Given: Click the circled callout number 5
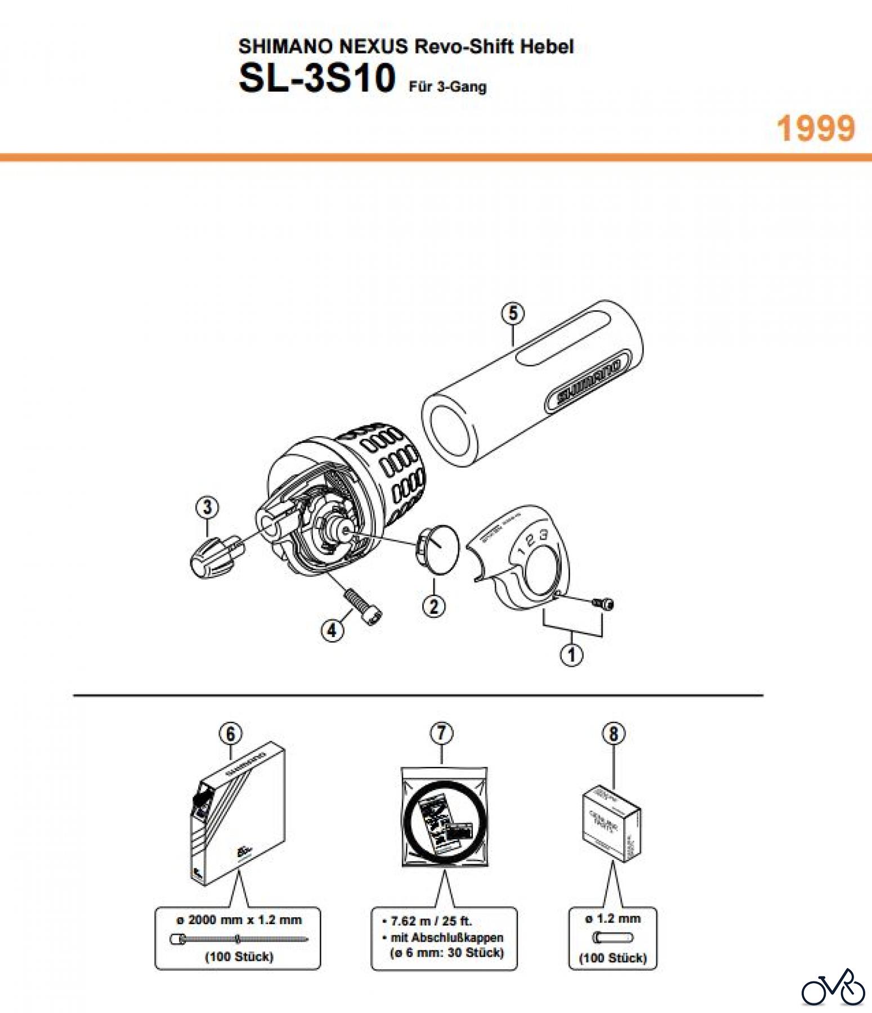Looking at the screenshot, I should [512, 313].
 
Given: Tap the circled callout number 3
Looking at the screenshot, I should [207, 507].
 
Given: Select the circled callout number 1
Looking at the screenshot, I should [572, 655].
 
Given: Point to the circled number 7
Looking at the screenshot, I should [441, 733].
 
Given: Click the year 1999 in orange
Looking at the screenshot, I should [816, 128].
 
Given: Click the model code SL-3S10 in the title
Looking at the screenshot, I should [317, 78].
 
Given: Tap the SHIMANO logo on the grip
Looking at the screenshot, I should [589, 383].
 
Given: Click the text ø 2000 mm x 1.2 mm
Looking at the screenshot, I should [239, 920].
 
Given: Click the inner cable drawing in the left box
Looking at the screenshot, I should [239, 938].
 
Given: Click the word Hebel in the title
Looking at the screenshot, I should [546, 46].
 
